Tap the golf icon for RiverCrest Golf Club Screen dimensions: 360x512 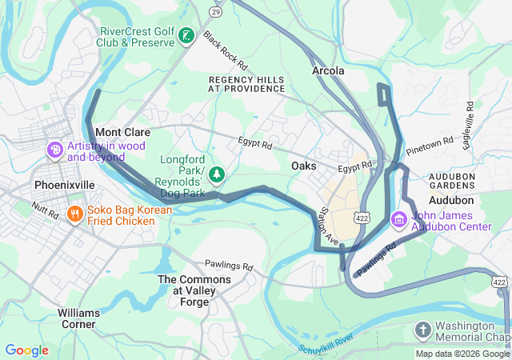[186, 36]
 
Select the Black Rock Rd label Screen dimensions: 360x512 [225, 50]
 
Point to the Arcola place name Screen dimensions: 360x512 [327, 71]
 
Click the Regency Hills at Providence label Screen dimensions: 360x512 [246, 84]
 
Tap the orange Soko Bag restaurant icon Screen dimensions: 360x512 [74, 214]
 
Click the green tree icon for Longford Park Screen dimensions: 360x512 [216, 174]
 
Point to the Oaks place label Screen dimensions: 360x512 [303, 166]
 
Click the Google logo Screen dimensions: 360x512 [26, 350]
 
